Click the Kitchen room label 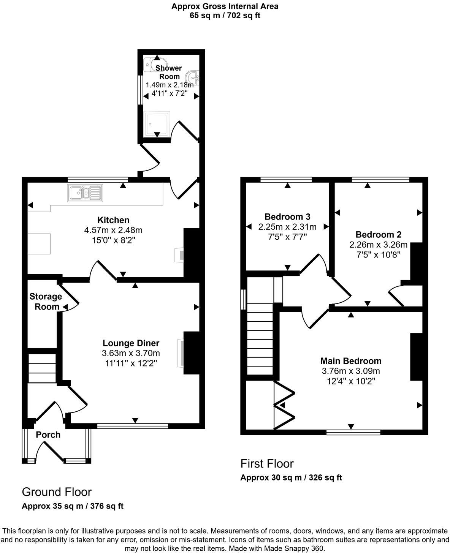coord(113,220)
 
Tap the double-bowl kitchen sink coord(85,193)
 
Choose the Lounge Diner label coord(131,343)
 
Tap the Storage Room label coord(46,302)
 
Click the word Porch coord(48,434)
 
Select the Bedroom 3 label coord(287,216)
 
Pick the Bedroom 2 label coord(378,234)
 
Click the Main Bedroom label coord(350,361)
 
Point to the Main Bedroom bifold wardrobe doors coord(284,405)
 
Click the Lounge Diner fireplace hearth coord(180,353)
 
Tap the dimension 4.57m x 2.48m coord(113,230)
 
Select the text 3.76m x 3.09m coord(350,371)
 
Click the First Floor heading coord(267,463)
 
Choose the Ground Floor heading coord(57,492)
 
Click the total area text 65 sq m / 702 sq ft coord(225,16)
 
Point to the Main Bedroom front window coord(353,432)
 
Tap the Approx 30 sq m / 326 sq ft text coord(291,477)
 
